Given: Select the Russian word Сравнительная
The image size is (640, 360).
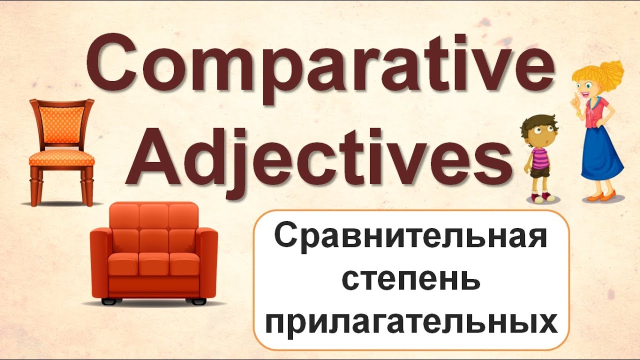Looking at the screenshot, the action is pyautogui.click(x=411, y=237).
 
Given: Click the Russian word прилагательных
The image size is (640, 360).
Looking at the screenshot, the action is pyautogui.click(x=411, y=323).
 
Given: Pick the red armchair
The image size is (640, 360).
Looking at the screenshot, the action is pyautogui.click(x=154, y=253).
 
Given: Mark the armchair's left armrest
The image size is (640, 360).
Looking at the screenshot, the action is pyautogui.click(x=100, y=264).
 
